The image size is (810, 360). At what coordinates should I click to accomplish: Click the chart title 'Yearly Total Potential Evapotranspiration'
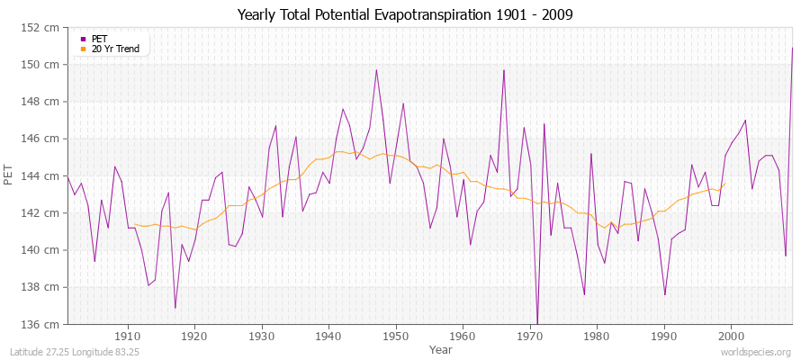coord(404,14)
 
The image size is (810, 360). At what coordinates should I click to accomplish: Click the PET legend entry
coord(99,39)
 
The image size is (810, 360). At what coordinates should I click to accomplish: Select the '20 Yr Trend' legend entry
coord(116,49)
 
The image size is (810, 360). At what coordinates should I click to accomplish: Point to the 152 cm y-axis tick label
coord(43,28)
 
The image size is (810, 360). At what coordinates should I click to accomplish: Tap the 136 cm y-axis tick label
coord(43,324)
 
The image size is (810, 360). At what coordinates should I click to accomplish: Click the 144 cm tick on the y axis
coord(43,175)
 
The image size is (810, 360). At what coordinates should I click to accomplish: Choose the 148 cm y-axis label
coord(43,102)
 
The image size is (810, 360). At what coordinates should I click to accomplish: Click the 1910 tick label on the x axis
coord(128,336)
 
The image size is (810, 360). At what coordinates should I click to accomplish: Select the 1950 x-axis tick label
coord(396,336)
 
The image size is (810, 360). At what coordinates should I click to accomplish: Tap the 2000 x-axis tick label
coord(731,336)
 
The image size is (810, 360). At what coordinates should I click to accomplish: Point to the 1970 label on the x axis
coord(530,336)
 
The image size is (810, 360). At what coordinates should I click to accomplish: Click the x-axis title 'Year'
coord(428,349)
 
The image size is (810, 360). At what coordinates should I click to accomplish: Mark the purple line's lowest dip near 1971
coord(537,322)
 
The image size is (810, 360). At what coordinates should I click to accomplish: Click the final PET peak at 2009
coord(792,48)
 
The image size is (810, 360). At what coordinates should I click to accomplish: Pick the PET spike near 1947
coord(376,70)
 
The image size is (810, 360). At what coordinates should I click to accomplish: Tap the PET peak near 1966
coord(504,70)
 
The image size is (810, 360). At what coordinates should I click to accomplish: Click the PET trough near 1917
coord(175,308)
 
